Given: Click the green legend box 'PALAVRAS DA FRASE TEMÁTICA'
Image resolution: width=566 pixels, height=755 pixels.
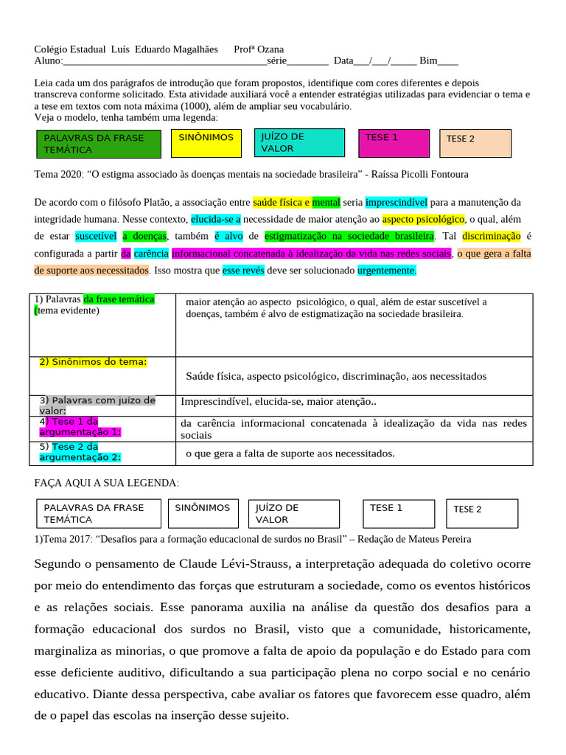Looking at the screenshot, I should tap(98, 144).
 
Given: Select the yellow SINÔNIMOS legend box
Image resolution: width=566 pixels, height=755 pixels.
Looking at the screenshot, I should tap(206, 143).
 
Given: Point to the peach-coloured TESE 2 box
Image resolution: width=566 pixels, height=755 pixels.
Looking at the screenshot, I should tap(475, 143).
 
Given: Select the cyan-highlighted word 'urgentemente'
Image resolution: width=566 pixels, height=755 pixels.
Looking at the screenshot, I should tap(387, 271).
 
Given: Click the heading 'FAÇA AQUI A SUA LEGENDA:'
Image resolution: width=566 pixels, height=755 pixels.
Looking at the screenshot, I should tap(106, 482).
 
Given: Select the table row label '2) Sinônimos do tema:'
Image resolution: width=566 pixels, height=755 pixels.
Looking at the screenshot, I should tap(94, 361).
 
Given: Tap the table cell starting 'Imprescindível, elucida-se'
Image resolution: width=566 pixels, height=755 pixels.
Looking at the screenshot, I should tap(279, 402).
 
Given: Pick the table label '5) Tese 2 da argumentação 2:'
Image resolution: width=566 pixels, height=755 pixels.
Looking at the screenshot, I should tap(80, 452).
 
